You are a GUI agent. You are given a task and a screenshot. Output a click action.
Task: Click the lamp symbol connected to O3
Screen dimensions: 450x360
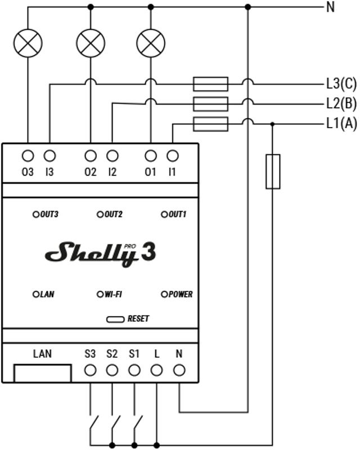[x=28, y=43]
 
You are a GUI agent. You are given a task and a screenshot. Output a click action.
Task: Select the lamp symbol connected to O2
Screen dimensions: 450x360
[x=90, y=43]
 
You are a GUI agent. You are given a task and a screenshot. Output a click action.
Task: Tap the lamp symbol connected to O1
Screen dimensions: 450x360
[x=150, y=43]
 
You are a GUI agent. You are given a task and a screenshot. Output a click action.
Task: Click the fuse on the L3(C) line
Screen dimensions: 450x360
[x=210, y=84]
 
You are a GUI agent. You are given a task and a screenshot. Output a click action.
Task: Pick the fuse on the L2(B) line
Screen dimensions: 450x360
[x=210, y=103]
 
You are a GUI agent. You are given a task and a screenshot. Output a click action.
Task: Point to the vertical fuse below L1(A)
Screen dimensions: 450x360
[x=273, y=171]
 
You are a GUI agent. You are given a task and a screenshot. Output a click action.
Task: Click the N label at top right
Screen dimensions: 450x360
[x=330, y=7]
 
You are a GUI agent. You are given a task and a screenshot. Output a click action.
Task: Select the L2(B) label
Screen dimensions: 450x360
[x=341, y=104]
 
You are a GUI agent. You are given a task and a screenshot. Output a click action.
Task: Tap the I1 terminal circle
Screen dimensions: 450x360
[x=173, y=156]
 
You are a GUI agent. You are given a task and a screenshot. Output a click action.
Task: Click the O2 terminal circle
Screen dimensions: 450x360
[x=90, y=156]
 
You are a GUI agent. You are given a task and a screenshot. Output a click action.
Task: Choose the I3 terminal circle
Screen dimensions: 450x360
[x=49, y=156]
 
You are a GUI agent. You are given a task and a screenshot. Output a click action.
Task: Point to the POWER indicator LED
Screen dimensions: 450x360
[x=165, y=294]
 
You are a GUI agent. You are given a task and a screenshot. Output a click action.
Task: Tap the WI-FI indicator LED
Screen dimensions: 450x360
[x=101, y=294]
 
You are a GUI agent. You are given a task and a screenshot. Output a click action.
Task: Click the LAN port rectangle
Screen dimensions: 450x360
[x=42, y=373]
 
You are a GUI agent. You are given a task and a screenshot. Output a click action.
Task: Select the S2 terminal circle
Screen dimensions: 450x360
[x=112, y=370]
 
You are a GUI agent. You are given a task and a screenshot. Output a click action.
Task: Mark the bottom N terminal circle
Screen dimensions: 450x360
[x=179, y=370]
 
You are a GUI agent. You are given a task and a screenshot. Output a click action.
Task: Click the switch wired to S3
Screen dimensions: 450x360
[x=93, y=422]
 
